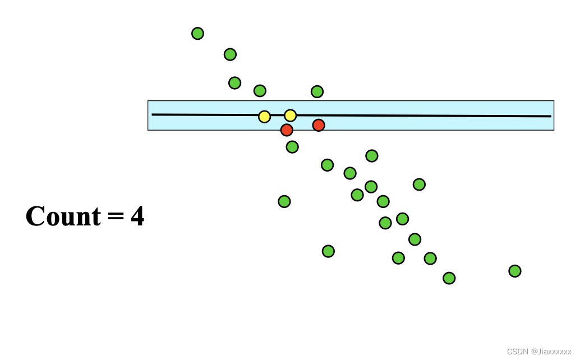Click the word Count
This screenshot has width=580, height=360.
[x=63, y=216]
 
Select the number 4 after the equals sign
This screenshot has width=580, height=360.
[x=137, y=216]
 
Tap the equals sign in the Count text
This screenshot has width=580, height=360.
[x=116, y=217]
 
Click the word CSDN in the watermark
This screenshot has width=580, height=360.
[x=518, y=352]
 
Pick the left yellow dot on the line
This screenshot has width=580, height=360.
[x=264, y=117]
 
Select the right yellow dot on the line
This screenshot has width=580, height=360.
[x=290, y=116]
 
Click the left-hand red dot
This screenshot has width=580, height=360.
[x=287, y=130]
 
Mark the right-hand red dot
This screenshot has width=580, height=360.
[x=319, y=125]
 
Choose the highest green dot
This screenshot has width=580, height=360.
[x=197, y=34]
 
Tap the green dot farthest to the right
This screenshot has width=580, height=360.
[x=515, y=271]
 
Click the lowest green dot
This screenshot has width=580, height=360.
[x=449, y=278]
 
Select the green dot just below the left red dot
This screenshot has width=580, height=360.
[x=292, y=147]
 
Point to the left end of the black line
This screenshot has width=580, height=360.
[x=153, y=114]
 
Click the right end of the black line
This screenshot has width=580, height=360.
[x=551, y=116]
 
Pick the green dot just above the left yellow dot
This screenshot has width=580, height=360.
[x=260, y=91]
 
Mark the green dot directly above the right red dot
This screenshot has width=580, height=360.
[x=317, y=91]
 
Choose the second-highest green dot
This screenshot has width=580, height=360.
[x=230, y=54]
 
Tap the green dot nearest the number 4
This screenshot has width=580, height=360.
[x=284, y=201]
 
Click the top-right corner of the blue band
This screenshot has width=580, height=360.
[x=554, y=101]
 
